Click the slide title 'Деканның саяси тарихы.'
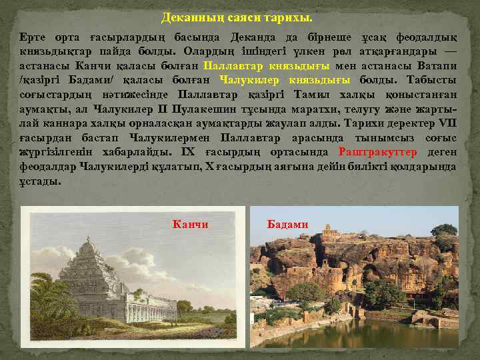237,17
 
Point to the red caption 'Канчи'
190,225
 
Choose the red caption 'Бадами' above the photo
287,225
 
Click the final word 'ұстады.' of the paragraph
40,181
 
